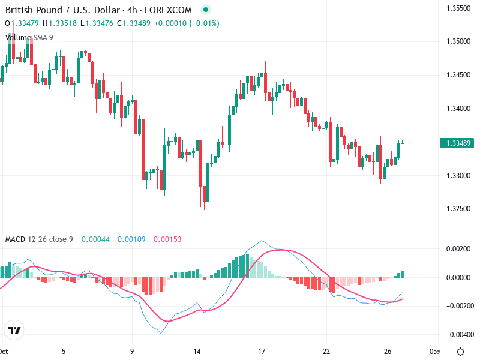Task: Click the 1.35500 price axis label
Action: tap(458, 8)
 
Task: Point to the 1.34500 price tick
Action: tap(458, 75)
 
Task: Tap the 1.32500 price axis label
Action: tap(458, 209)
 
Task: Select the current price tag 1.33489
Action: tap(459, 143)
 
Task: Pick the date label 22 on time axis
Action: tap(326, 351)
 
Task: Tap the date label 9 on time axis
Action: tap(131, 351)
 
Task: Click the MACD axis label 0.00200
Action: tap(458, 248)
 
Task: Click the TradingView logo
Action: tap(14, 330)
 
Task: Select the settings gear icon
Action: tap(460, 351)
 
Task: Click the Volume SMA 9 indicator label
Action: tap(29, 37)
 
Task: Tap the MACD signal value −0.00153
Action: tap(164, 239)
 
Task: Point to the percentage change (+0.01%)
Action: tap(205, 23)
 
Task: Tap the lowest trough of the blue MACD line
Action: tap(160, 333)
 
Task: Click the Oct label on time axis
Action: tap(4, 351)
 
